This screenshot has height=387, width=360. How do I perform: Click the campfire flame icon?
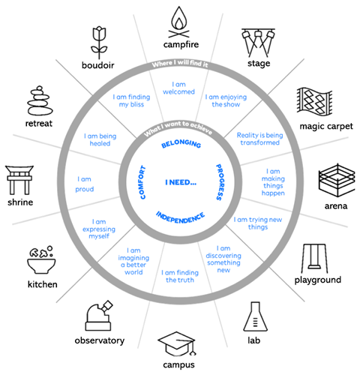[x=178, y=22]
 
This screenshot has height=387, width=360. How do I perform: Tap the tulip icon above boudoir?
[x=99, y=43]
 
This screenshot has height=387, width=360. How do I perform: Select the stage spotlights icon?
[x=258, y=43]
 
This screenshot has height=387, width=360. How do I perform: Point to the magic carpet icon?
[x=315, y=102]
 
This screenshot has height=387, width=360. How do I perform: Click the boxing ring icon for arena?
[x=337, y=180]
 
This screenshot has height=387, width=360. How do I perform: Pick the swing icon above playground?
[x=314, y=259]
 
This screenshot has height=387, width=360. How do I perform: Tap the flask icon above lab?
[x=255, y=316]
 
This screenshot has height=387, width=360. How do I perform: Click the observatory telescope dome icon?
[x=99, y=316]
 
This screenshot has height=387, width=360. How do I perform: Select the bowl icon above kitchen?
[x=41, y=260]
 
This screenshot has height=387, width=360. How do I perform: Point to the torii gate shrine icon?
[x=19, y=180]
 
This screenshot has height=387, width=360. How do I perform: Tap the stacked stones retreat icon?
[x=40, y=100]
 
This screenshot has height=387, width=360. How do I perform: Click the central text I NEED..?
[x=181, y=182]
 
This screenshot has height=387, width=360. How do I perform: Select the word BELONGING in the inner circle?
[x=181, y=143]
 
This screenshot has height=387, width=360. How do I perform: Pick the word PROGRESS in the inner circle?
[x=220, y=181]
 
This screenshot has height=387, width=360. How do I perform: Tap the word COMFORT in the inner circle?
[x=142, y=182]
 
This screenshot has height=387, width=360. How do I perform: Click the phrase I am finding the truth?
[x=180, y=276]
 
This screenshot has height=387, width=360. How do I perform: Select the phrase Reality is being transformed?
[x=259, y=139]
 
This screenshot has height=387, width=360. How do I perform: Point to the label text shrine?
[x=20, y=202]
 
